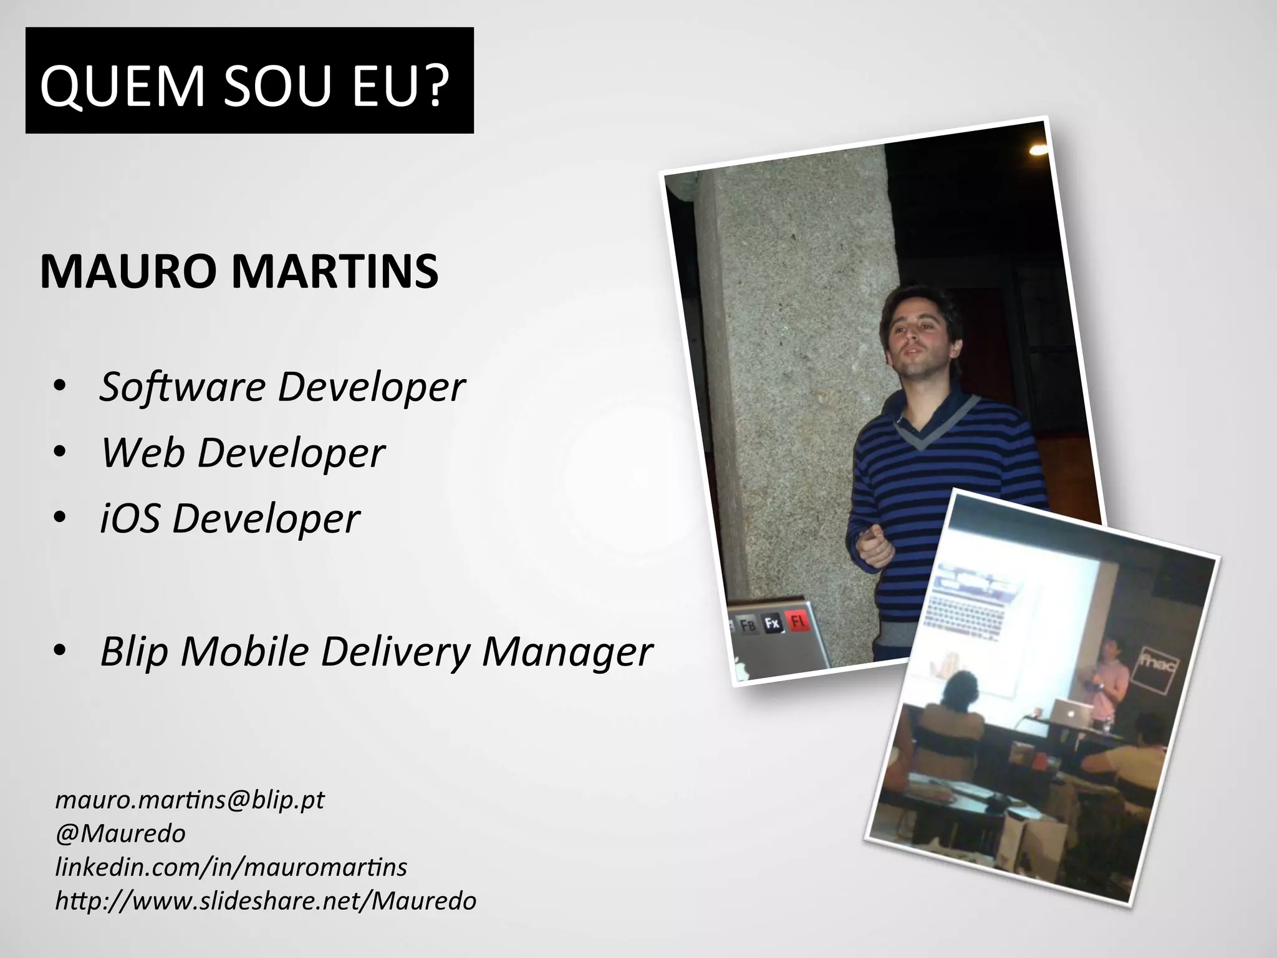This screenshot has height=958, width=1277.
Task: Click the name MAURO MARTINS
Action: (x=239, y=272)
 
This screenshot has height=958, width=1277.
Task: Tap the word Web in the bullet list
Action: (x=143, y=453)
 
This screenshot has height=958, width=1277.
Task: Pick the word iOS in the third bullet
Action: (x=130, y=518)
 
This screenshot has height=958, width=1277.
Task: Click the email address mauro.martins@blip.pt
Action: (x=190, y=800)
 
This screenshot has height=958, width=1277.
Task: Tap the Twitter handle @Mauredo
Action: (x=120, y=833)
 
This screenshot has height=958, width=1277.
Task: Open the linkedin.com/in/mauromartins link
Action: (x=231, y=867)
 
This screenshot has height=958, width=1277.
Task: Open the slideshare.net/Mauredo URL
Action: (x=266, y=901)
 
